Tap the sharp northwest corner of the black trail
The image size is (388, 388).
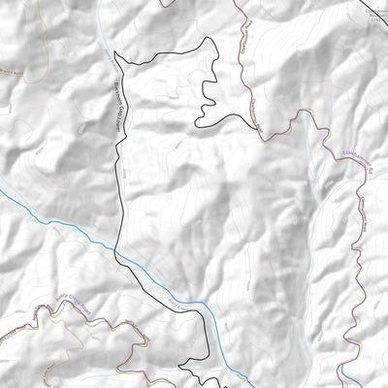(x=114, y=50)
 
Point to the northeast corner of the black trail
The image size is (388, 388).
(x=209, y=41)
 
